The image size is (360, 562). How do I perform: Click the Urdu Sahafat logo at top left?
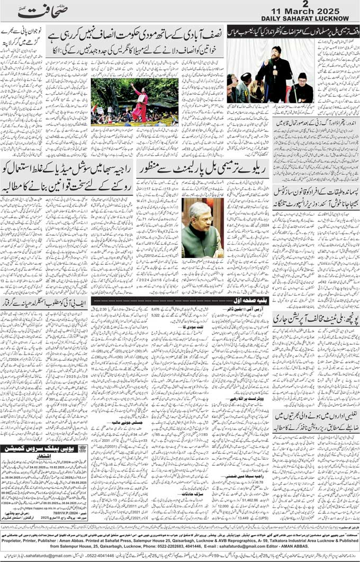39,11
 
